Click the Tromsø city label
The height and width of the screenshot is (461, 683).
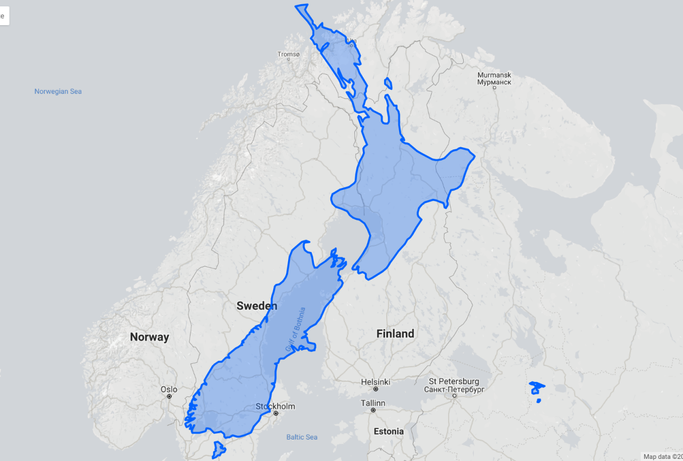[x=288, y=54]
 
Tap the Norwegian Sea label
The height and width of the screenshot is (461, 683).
[x=58, y=91]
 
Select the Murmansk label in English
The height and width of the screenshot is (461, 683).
[x=494, y=75]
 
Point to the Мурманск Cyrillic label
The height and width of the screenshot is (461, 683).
[x=494, y=82]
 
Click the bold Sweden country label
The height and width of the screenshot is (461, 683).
[x=257, y=306]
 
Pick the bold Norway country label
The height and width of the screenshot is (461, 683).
[x=149, y=337]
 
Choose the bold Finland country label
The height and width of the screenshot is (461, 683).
[x=395, y=334]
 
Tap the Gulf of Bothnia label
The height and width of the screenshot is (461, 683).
[x=295, y=329]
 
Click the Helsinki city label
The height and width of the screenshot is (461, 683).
[x=376, y=382]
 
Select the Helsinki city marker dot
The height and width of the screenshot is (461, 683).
[x=376, y=390]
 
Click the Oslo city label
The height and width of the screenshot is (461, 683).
[x=169, y=390]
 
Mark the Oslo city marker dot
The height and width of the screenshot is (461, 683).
[x=169, y=396]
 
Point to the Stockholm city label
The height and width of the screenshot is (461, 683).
[x=275, y=406]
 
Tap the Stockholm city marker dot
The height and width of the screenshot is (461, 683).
[x=276, y=414]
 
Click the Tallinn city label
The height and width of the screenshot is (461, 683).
[x=373, y=403]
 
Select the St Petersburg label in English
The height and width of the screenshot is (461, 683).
[x=454, y=381]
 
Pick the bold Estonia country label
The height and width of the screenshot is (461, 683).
[x=388, y=431]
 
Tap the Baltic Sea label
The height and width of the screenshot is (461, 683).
[x=302, y=437]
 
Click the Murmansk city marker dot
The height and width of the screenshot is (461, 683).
[x=494, y=88]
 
